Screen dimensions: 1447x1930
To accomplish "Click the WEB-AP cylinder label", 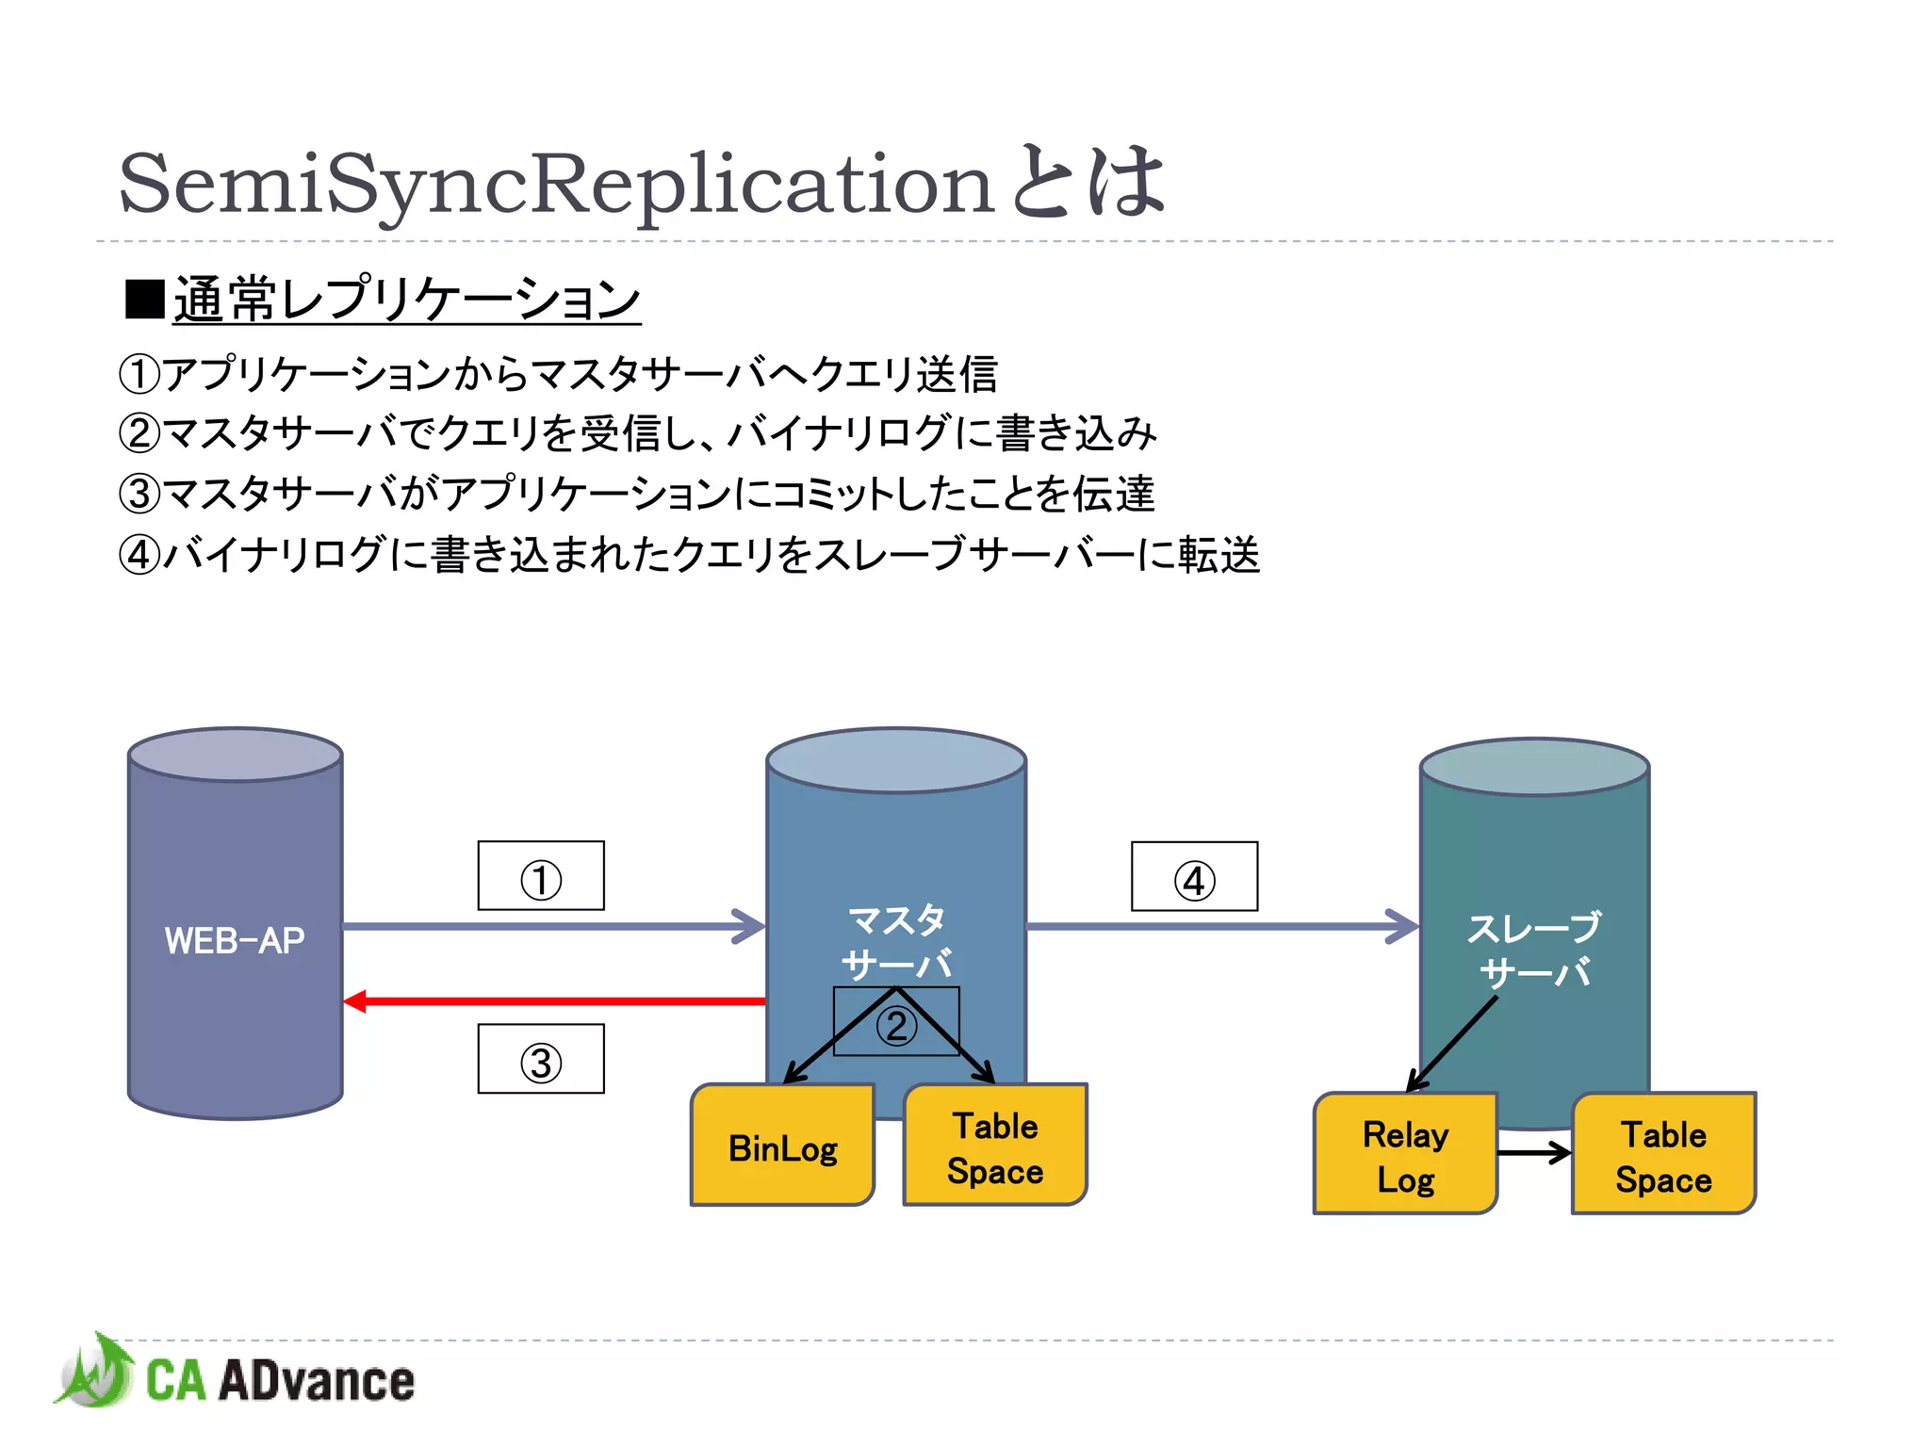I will [235, 940].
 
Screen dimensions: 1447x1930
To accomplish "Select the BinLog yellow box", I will [782, 1147].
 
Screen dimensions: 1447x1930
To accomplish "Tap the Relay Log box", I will [1405, 1156].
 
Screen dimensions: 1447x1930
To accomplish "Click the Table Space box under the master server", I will [995, 1147].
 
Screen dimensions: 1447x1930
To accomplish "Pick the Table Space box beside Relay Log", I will [1663, 1156].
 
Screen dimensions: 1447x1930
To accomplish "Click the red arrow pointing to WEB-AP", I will [556, 1000].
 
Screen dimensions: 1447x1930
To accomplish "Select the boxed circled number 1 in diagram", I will [541, 877].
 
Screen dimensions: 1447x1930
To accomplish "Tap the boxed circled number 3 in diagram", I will [541, 1060].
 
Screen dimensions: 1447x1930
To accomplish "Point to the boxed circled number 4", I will [1194, 878].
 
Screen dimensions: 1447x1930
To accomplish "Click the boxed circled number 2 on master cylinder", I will [896, 1025].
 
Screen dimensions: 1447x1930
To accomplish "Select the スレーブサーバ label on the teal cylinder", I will [1534, 950].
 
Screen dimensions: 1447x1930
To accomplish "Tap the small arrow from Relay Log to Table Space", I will [1534, 1151].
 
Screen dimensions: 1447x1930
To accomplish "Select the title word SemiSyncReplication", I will [556, 185].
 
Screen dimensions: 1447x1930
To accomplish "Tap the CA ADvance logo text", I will [280, 1381].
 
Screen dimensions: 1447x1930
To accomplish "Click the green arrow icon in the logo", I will [94, 1372].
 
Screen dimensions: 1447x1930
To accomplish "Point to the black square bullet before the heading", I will [145, 300].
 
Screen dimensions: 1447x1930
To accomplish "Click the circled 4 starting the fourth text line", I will [139, 555].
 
